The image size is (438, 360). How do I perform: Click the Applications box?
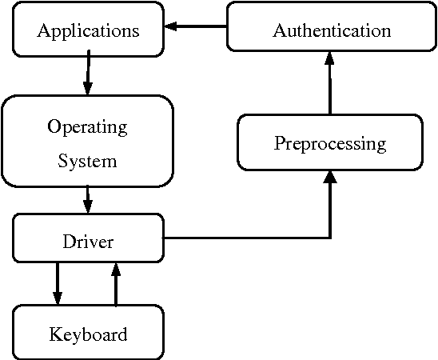(88, 30)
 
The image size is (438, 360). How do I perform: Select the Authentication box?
(332, 30)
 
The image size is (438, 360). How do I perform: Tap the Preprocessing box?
(330, 143)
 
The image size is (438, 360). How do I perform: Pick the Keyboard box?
(88, 334)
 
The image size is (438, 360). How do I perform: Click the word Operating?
(87, 127)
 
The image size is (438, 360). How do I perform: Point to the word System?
(87, 161)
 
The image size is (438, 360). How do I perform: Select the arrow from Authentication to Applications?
(196, 27)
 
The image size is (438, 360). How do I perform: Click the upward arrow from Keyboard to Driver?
(116, 283)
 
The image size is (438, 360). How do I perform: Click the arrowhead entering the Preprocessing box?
(329, 178)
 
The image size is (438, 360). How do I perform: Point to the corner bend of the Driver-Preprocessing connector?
(329, 238)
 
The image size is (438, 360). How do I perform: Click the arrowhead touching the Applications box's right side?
(171, 27)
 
